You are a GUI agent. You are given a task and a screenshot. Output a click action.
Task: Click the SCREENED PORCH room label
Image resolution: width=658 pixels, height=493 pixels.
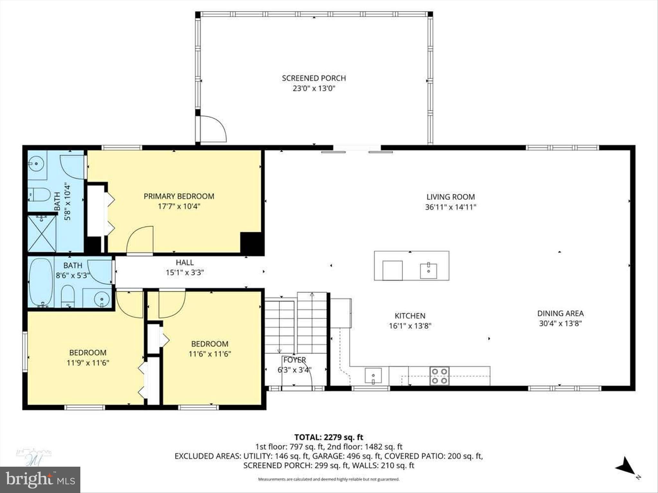pos(314,78)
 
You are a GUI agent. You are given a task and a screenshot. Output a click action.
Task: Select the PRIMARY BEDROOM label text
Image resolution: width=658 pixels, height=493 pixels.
pos(179,196)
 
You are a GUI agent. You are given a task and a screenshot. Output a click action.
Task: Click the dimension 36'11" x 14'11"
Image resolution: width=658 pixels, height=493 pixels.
pos(450,207)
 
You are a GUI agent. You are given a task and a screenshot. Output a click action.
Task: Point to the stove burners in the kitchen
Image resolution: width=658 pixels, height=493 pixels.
pos(440,376)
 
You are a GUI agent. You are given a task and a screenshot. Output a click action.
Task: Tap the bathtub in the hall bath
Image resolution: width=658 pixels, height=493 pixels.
pos(41,283)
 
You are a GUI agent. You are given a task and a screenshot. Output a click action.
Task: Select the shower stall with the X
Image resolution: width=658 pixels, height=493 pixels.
pos(42,234)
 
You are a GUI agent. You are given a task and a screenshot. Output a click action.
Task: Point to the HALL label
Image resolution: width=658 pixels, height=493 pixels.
pos(185,263)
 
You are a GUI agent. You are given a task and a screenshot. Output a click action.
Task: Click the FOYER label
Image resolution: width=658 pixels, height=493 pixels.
pos(294,360)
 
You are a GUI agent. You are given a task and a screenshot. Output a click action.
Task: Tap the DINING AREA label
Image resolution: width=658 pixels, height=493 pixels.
pos(560,313)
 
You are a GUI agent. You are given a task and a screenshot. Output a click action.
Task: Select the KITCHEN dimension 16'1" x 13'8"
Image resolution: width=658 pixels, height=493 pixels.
pos(410,326)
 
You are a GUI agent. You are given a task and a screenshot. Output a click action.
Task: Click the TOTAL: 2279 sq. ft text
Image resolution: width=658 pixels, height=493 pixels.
pos(329,437)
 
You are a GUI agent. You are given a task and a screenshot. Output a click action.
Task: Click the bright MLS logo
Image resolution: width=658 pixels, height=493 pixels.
pos(40,480)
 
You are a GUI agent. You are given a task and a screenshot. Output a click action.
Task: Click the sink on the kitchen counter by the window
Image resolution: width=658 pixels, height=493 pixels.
pos(373,376)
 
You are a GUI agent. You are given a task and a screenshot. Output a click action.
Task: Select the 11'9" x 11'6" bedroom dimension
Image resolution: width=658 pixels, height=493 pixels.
pos(88,363)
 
